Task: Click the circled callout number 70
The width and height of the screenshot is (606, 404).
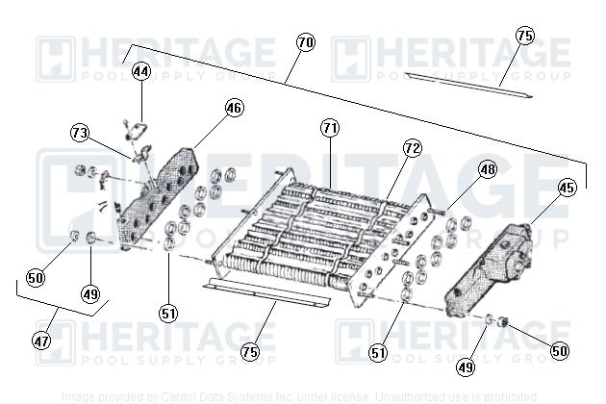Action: click(305, 43)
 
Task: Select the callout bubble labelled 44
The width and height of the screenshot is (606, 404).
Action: click(141, 71)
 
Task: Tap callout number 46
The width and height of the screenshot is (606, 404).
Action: click(235, 108)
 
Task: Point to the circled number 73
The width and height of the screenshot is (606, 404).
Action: click(80, 132)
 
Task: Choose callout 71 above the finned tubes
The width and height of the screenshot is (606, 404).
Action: click(330, 127)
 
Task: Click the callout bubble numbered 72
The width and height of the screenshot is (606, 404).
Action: click(412, 148)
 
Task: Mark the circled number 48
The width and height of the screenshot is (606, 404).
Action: click(488, 169)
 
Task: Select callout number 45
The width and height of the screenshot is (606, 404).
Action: click(567, 188)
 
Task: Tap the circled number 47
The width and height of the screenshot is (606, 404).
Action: click(42, 341)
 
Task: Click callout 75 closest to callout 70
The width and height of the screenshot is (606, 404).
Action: click(524, 36)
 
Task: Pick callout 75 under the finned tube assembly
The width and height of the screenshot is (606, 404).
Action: click(250, 352)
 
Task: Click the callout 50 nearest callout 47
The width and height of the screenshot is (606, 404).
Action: click(36, 278)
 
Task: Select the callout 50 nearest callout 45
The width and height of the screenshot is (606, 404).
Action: click(560, 351)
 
